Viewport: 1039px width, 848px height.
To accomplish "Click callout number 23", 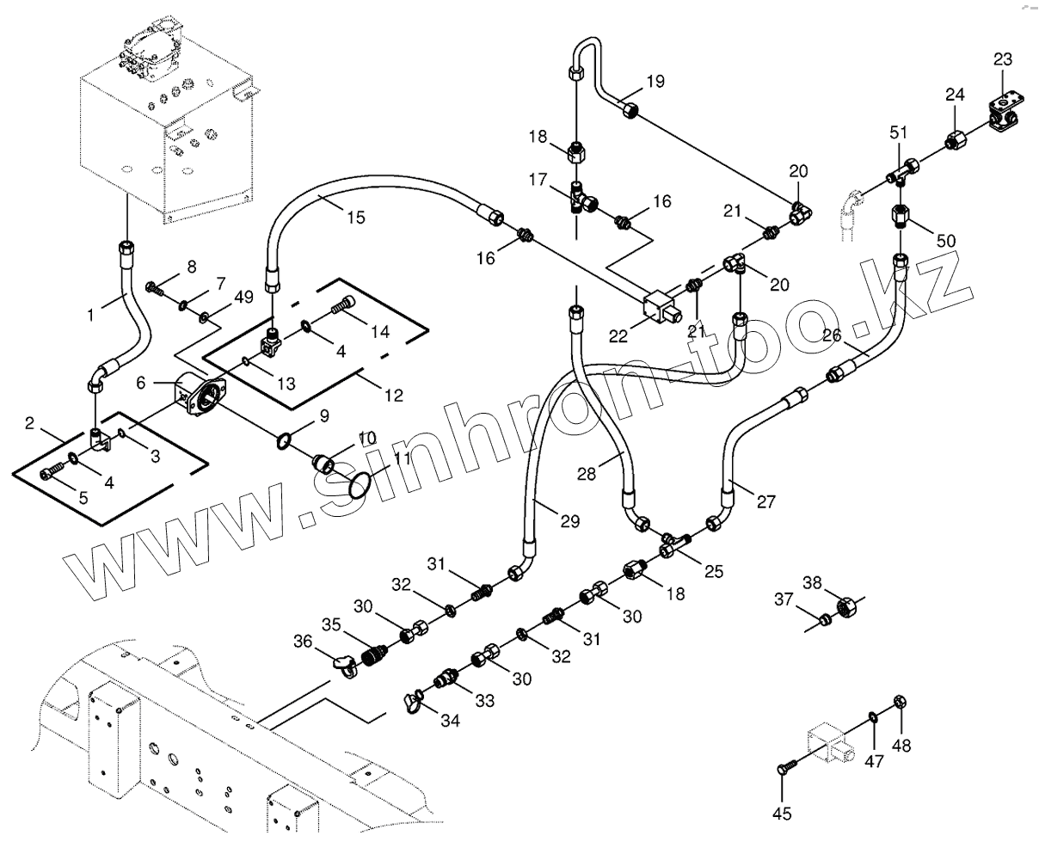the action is (x=1003, y=59).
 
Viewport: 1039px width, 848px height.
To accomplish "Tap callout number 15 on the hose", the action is (x=356, y=218).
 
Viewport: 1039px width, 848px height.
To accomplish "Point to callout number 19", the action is (x=655, y=82).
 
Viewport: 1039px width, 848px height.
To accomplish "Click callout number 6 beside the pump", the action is (x=141, y=383).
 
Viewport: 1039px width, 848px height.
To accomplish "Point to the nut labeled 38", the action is (x=847, y=605).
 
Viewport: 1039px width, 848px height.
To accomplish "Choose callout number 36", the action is (x=303, y=641).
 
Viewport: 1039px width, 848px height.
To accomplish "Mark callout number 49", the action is (x=244, y=297).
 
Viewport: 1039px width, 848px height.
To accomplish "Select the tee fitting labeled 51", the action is (x=902, y=174).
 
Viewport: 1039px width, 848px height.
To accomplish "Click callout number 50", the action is (x=946, y=241).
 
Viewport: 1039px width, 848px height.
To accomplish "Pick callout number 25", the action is (x=713, y=571).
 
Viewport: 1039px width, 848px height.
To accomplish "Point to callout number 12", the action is (x=394, y=395).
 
